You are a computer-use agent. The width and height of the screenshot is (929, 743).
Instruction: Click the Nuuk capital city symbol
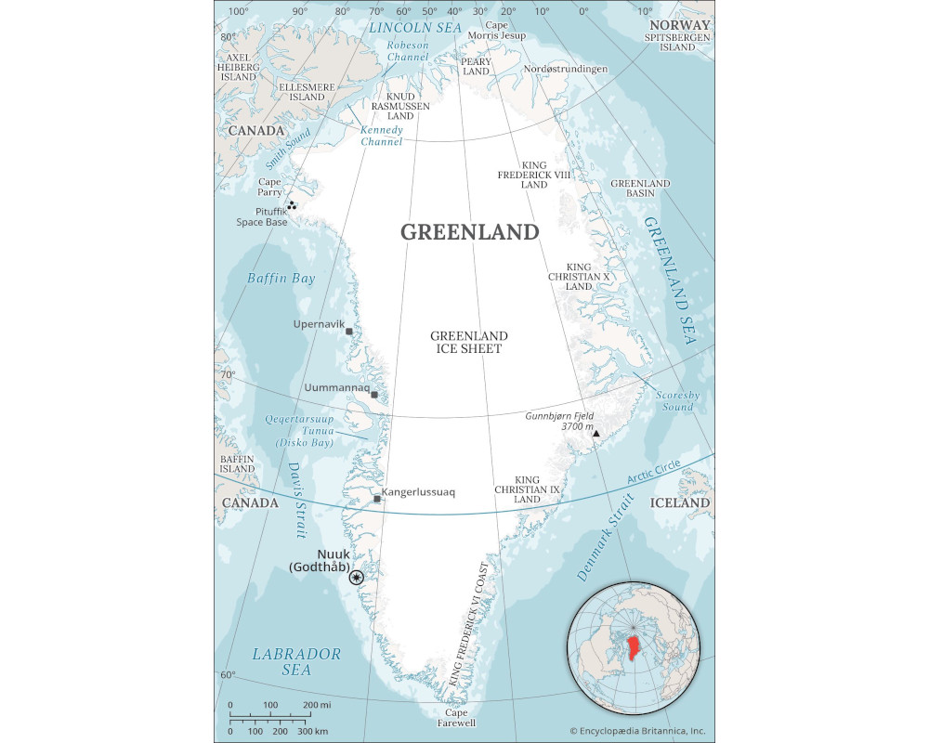(x=356, y=577)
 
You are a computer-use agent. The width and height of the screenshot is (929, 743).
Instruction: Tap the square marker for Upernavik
(x=349, y=332)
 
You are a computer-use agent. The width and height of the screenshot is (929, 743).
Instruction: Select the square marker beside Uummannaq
(x=374, y=395)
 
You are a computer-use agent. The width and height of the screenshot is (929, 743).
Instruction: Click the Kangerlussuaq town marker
(x=377, y=500)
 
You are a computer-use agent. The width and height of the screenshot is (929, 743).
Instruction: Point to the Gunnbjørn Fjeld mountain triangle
(x=596, y=434)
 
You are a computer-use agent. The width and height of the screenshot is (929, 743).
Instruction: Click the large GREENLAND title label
(x=469, y=231)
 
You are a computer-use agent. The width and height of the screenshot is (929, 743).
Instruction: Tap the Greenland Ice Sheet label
(x=468, y=342)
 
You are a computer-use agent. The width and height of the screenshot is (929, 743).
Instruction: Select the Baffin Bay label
(x=281, y=278)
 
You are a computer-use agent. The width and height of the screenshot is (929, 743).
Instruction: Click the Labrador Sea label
(x=296, y=661)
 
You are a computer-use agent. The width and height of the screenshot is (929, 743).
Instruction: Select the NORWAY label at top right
(x=679, y=25)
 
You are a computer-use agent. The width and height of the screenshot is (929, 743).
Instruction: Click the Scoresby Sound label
(x=674, y=400)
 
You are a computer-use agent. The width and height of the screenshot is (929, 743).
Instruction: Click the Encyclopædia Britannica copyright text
(x=636, y=731)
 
